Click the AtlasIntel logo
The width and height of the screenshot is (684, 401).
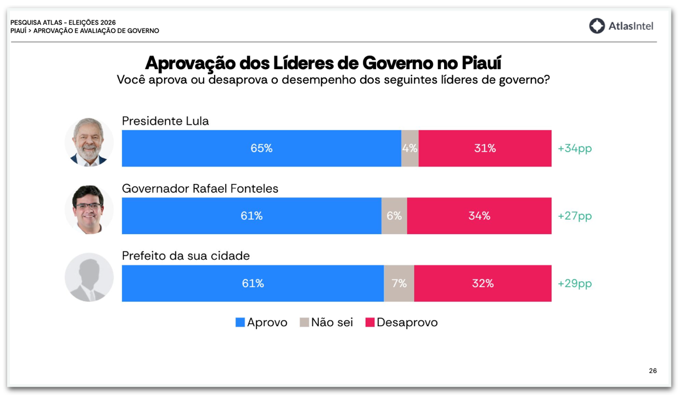click(621, 26)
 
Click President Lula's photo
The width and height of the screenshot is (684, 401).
click(89, 142)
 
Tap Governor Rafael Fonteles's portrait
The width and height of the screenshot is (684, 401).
click(89, 209)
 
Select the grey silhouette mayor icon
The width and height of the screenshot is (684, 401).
click(89, 277)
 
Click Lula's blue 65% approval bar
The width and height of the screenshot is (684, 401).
click(261, 148)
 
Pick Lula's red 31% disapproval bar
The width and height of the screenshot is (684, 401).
click(485, 148)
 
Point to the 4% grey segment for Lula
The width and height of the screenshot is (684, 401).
click(410, 148)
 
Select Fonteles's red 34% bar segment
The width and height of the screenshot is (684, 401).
click(479, 216)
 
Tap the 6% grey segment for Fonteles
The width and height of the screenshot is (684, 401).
click(394, 216)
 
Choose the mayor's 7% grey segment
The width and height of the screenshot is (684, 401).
click(399, 283)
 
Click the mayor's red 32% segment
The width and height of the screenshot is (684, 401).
click(483, 283)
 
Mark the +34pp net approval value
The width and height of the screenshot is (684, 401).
click(575, 148)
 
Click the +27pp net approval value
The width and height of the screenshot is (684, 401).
click(575, 216)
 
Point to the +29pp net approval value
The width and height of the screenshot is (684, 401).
click(575, 283)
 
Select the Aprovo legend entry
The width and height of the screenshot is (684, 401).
click(261, 322)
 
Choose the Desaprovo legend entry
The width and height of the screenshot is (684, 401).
click(401, 322)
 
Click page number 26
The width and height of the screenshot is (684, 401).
click(653, 371)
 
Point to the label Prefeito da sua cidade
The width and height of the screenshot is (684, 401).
click(186, 256)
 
